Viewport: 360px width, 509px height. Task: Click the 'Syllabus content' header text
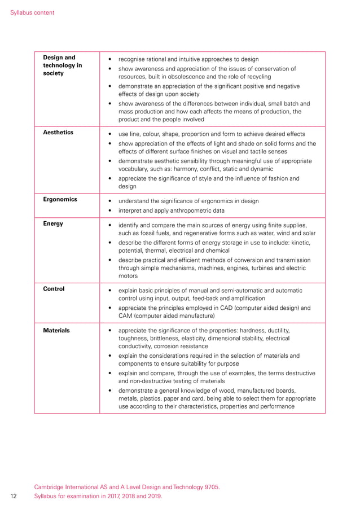click(x=32, y=12)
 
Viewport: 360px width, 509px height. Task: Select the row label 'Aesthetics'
click(x=58, y=133)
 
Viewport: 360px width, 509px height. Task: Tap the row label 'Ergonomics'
click(x=60, y=199)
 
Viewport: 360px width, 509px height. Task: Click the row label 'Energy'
click(x=53, y=223)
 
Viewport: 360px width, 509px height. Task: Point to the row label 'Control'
click(x=54, y=289)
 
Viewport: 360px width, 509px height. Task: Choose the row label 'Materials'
click(x=56, y=330)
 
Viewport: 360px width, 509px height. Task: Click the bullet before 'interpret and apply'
click(x=110, y=211)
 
